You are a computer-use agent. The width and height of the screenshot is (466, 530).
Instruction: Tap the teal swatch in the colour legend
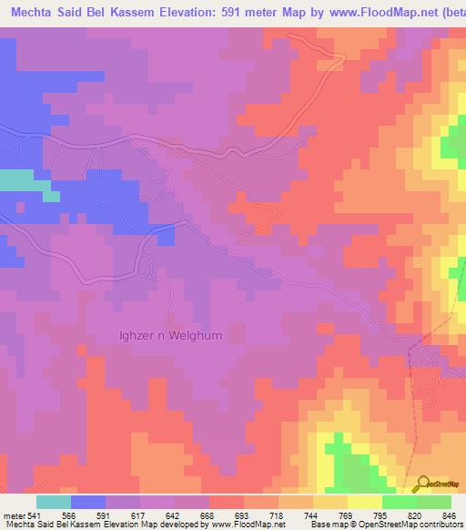tap(54, 502)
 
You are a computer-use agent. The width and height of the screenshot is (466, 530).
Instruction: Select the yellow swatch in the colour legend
tap(365, 502)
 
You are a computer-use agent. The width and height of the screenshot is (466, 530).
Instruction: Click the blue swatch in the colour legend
tap(88, 502)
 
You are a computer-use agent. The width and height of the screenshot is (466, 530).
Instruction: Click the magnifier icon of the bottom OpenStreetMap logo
tap(422, 482)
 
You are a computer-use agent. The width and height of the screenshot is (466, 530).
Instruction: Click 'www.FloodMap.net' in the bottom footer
tap(246, 525)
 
